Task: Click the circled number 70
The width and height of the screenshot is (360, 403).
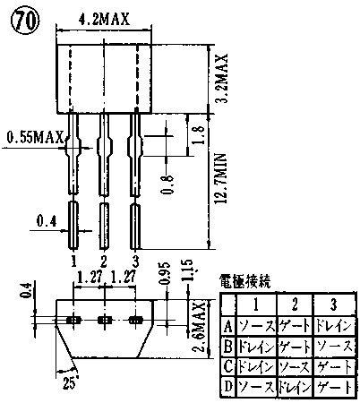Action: pos(25,21)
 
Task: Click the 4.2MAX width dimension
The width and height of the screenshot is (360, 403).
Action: pos(104,20)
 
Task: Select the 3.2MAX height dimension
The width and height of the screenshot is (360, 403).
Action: pos(221,78)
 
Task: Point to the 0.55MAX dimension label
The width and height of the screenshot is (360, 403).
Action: pos(35,138)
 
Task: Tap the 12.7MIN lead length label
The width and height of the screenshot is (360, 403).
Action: pos(221,178)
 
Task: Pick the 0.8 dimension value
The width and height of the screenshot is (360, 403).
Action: pos(168,184)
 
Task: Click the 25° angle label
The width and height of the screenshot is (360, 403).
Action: pos(71,382)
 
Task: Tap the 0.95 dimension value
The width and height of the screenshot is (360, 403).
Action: pos(165,273)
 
